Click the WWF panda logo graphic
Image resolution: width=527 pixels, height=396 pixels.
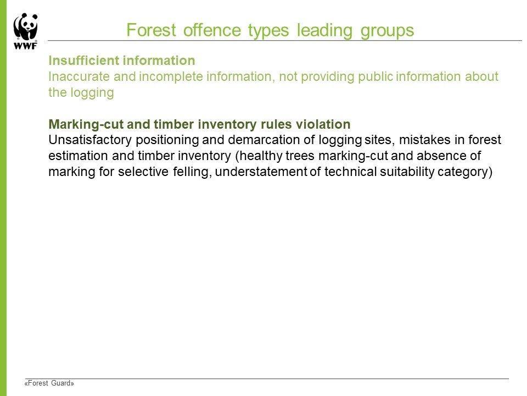(x=26, y=28)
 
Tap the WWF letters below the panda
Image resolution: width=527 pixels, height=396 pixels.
(x=26, y=46)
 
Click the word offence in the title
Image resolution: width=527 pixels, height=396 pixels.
(x=212, y=30)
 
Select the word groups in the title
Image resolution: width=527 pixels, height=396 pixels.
(x=387, y=31)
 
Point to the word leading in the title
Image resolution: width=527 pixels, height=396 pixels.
(x=324, y=31)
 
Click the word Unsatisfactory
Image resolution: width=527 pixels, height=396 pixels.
(x=90, y=140)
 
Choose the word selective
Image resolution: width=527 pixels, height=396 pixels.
(x=143, y=172)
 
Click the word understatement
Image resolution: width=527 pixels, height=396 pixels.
(x=261, y=172)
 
